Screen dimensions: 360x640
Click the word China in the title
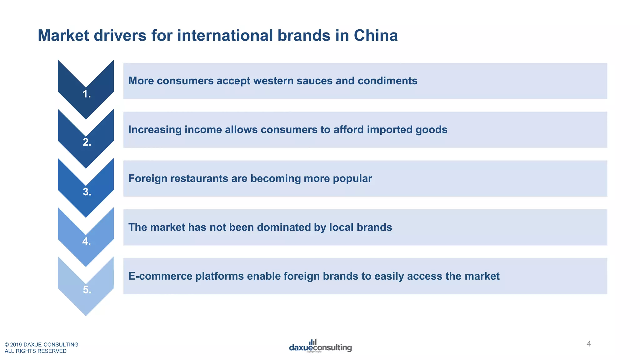pyautogui.click(x=376, y=35)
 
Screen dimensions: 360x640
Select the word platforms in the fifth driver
pyautogui.click(x=219, y=276)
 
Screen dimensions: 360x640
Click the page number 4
pyautogui.click(x=589, y=344)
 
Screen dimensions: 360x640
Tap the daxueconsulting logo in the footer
pyautogui.click(x=320, y=346)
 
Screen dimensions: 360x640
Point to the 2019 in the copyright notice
pyautogui.click(x=16, y=345)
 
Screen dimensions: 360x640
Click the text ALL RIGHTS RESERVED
pyautogui.click(x=36, y=351)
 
